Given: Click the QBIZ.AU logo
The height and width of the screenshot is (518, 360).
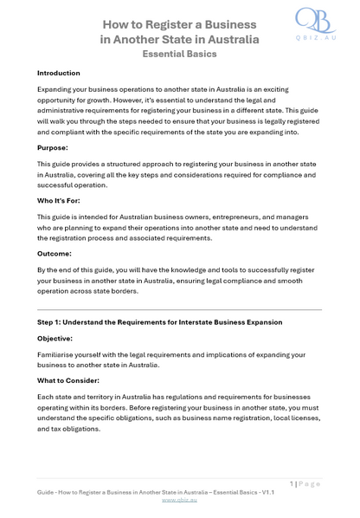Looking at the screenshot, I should (318, 28).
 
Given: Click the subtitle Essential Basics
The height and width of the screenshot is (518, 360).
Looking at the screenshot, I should (180, 53).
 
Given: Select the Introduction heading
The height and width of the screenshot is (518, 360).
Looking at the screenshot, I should (59, 73).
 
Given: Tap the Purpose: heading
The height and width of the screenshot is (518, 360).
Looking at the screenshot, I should (55, 148).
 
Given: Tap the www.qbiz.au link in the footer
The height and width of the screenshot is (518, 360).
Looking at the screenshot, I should (179, 500).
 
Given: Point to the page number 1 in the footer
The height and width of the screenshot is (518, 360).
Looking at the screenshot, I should (292, 483).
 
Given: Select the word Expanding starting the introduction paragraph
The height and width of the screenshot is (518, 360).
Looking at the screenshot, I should (56, 89).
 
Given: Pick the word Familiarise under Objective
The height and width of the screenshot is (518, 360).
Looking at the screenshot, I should (58, 354).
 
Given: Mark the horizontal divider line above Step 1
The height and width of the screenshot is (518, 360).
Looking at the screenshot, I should (180, 308).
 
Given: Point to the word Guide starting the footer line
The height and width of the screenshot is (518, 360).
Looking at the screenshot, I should (47, 492).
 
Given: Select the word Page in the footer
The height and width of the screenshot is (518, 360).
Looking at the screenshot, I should (310, 483).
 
